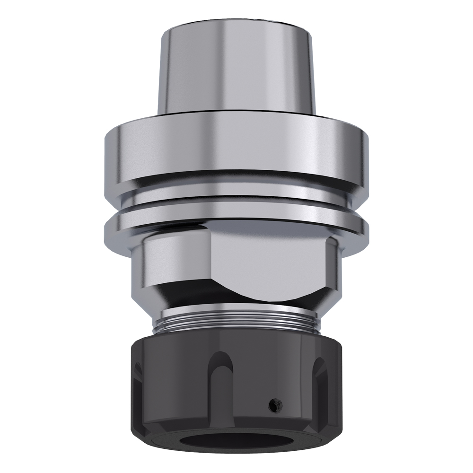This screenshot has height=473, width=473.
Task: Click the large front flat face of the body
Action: point(270,260)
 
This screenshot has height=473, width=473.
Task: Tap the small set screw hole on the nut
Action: point(272,404)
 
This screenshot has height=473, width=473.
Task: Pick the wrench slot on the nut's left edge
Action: point(138,378)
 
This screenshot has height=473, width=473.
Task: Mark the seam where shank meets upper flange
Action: point(236,115)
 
